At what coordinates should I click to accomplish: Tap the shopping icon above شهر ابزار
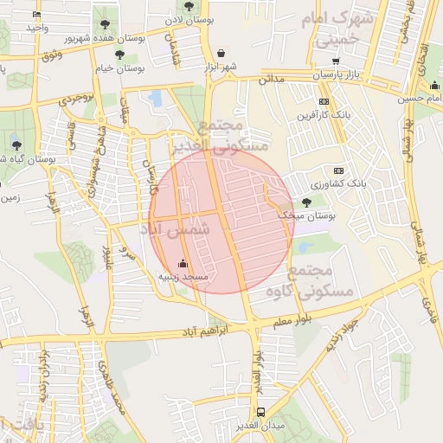(223, 53)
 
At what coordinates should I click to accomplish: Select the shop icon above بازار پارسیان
(336, 62)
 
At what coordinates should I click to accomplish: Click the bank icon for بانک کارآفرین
(324, 100)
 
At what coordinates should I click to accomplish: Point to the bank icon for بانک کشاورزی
(338, 170)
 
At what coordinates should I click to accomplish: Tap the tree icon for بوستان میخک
(306, 202)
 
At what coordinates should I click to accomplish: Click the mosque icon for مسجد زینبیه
(182, 264)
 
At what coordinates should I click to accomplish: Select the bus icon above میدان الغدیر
(260, 412)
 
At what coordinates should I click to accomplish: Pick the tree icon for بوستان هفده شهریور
(106, 23)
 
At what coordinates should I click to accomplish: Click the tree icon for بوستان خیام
(132, 53)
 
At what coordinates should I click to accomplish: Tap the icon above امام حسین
(434, 85)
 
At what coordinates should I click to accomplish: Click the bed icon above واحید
(35, 16)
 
